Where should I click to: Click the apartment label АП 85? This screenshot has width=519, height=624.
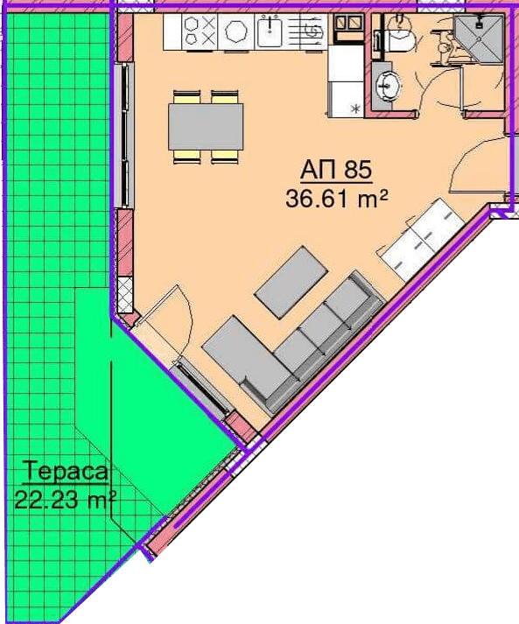(x=336, y=171)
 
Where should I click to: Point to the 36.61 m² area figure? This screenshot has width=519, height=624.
(x=337, y=199)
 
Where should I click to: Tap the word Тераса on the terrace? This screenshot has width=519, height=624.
(x=67, y=472)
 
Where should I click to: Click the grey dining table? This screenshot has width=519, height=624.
(x=206, y=127)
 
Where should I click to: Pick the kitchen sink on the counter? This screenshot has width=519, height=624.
(x=270, y=32)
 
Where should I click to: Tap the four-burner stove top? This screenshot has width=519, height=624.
(x=200, y=32)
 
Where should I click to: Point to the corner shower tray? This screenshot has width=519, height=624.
(x=480, y=37)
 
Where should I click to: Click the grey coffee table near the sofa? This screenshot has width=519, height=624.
(x=291, y=282)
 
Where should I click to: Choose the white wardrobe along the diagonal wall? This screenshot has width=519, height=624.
(x=421, y=239)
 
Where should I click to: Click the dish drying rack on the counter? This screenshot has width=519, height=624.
(x=312, y=32)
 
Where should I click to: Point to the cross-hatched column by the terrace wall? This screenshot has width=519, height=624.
(x=126, y=294)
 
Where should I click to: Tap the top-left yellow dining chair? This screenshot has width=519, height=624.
(x=186, y=97)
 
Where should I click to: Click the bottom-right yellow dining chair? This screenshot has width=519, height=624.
(x=225, y=157)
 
